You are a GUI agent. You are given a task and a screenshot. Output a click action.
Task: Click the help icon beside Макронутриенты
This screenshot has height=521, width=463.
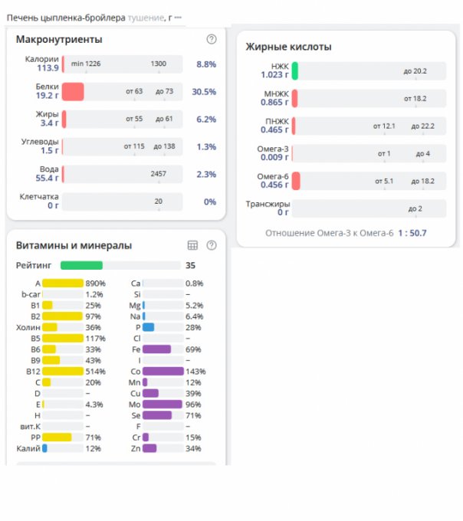[x=212, y=39]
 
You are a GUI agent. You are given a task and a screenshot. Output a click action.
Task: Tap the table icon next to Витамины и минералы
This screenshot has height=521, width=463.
[x=193, y=245]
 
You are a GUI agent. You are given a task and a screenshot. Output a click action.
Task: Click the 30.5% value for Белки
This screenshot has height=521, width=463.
[x=205, y=92]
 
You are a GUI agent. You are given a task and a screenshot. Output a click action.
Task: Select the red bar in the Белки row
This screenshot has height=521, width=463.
[x=73, y=92]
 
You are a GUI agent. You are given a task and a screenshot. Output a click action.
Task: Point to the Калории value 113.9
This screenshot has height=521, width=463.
[x=48, y=68]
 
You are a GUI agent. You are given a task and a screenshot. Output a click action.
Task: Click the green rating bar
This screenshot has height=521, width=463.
[x=81, y=265]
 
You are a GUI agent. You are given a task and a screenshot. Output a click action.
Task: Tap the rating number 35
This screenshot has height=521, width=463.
[x=191, y=265]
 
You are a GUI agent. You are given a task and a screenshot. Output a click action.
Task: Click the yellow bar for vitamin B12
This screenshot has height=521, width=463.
[x=62, y=371]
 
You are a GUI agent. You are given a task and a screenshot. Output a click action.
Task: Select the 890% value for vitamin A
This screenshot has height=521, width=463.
[x=95, y=283]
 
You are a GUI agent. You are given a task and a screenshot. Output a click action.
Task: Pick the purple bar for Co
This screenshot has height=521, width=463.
[x=163, y=371]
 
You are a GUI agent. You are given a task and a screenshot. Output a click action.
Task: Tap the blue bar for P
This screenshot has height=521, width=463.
[x=149, y=327]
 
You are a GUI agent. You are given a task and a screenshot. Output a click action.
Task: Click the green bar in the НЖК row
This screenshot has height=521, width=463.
[x=294, y=71]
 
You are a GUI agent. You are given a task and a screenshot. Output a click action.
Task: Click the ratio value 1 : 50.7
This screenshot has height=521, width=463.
[x=412, y=232]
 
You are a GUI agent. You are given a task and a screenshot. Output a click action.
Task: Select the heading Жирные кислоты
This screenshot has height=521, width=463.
[x=288, y=47]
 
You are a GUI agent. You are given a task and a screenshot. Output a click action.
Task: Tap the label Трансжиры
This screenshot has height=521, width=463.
[x=268, y=204]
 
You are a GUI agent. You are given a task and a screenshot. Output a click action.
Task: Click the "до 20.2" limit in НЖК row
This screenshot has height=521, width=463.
[x=415, y=71]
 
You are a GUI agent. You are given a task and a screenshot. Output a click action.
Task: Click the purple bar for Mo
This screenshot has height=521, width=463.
[x=162, y=404]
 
